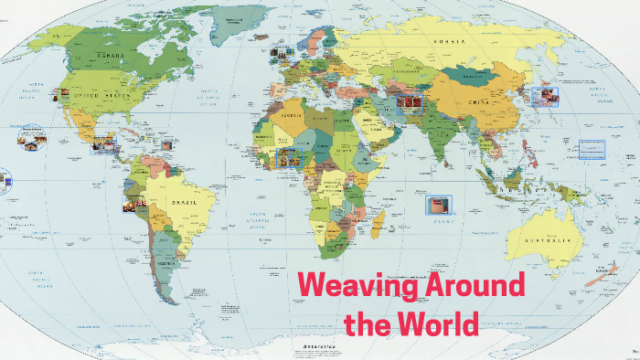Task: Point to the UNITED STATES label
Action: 103,94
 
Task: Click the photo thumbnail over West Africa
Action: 286,158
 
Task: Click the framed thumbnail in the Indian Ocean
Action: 439,206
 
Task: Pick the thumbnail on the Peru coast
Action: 133,205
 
